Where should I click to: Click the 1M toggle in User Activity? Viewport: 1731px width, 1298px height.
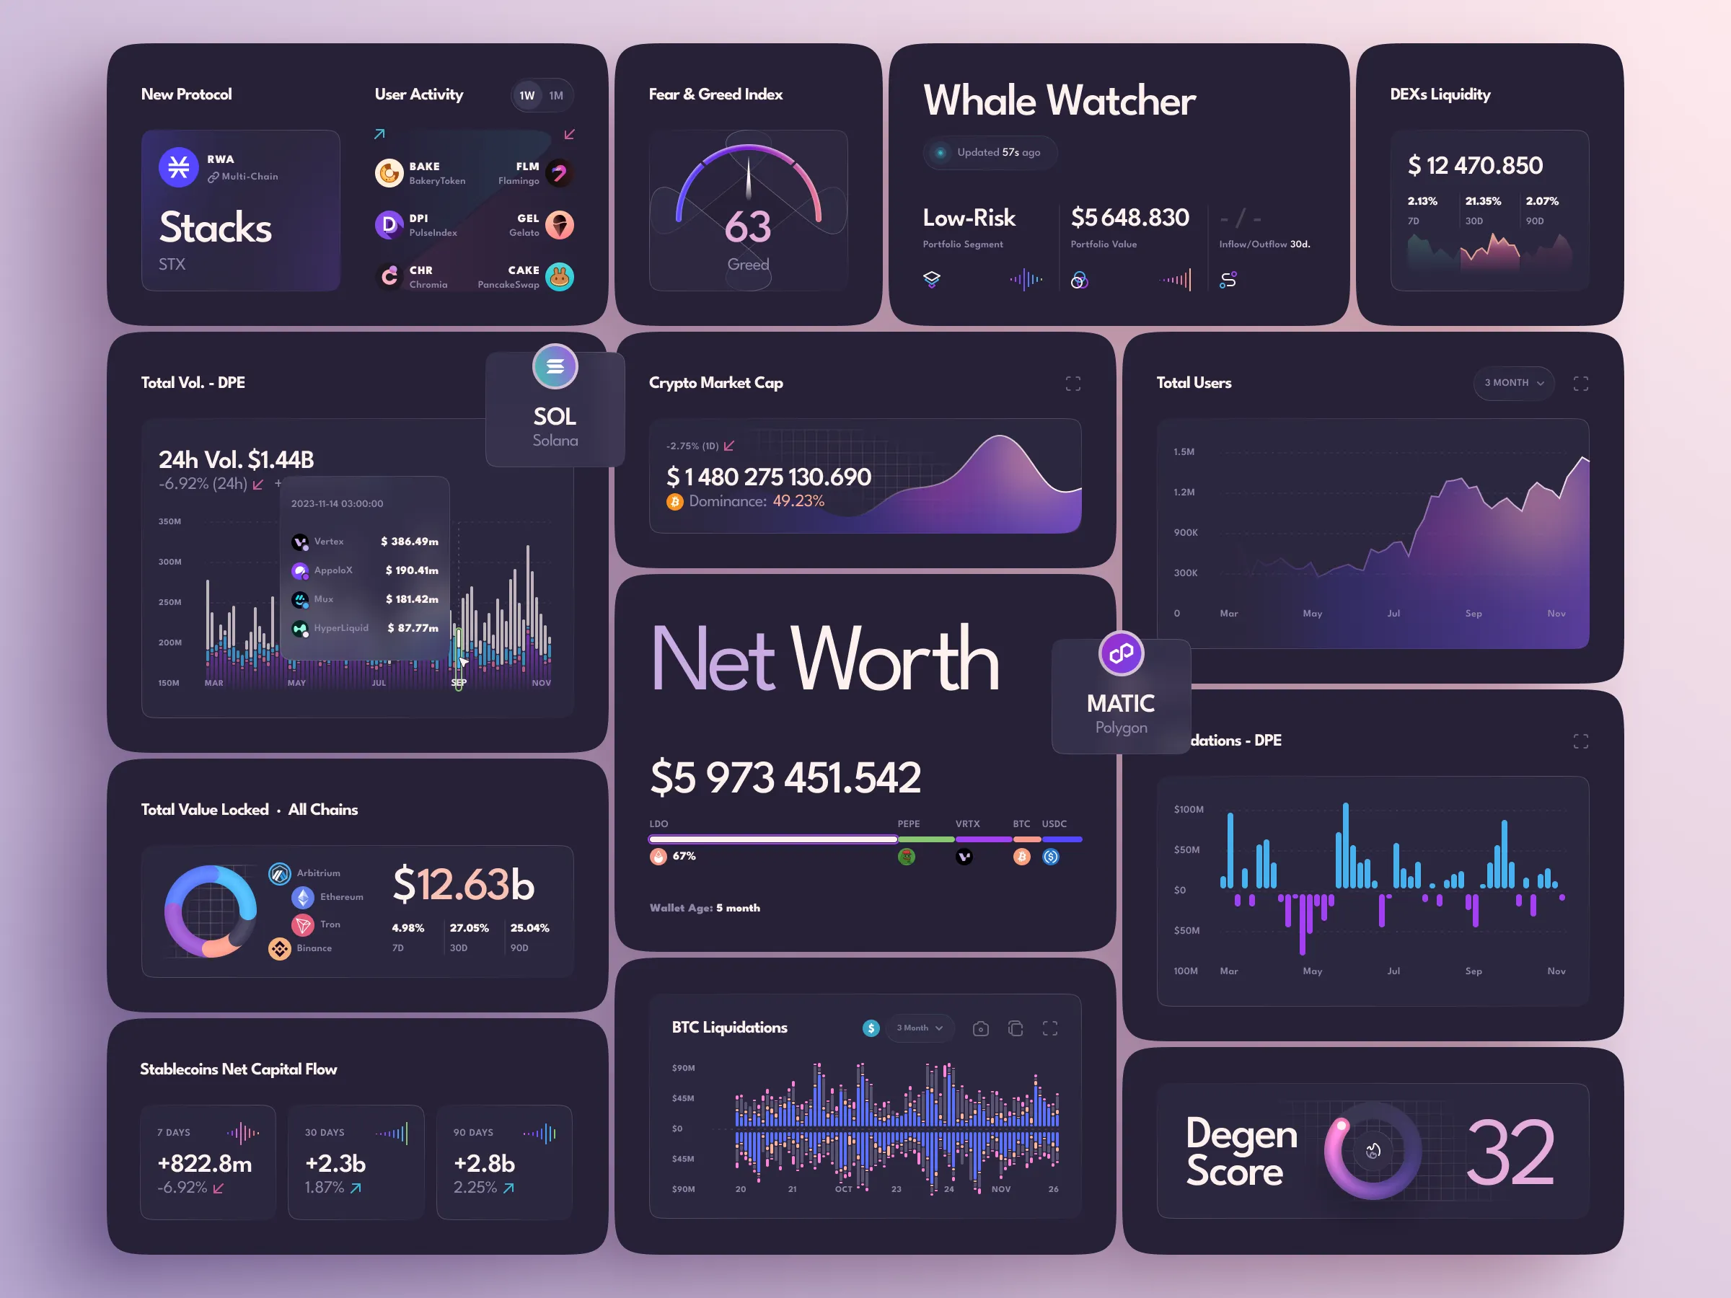point(555,95)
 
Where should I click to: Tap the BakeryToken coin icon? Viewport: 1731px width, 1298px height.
point(389,173)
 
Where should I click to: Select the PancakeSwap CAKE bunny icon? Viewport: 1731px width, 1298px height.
point(559,277)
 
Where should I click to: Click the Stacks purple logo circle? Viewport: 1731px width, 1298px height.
point(178,167)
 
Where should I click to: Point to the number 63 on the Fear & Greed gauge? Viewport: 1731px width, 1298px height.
point(747,228)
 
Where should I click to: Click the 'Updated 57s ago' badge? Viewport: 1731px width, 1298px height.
point(990,153)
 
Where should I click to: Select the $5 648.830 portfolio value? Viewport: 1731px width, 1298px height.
point(1129,218)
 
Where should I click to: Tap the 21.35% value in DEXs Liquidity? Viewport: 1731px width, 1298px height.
point(1482,201)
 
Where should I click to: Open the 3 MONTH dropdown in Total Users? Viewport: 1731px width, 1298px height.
point(1512,383)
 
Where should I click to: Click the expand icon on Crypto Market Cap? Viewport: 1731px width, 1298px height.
point(1073,384)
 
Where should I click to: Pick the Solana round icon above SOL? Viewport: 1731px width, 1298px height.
point(555,366)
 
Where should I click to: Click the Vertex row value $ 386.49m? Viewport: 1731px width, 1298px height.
point(409,542)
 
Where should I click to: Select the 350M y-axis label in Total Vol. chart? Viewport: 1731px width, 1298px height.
point(169,521)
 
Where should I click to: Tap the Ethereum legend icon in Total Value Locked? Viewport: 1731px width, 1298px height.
point(303,897)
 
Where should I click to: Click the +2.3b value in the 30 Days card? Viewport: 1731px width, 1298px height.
point(335,1163)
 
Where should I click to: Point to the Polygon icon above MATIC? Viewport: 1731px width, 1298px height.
point(1121,653)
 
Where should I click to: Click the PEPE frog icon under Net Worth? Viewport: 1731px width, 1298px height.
point(906,857)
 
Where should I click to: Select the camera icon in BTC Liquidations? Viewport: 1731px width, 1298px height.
point(980,1029)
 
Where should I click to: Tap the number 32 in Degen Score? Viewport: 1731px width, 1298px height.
point(1509,1152)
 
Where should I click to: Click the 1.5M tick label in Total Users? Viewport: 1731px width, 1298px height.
point(1184,451)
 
